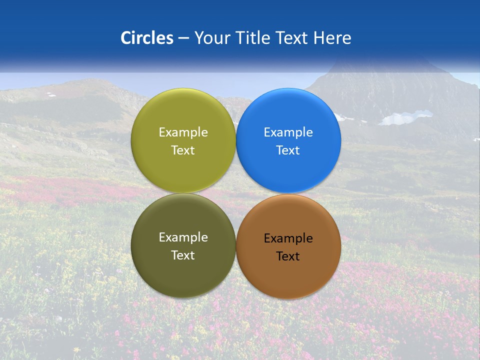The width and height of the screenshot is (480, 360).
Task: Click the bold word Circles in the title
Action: coord(146,38)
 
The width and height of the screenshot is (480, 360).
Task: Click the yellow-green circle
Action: coord(183,170)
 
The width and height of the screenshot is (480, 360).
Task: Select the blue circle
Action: coord(288,170)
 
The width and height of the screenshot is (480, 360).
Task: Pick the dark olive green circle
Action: coord(183,275)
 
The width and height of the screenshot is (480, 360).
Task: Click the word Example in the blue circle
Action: coord(288,132)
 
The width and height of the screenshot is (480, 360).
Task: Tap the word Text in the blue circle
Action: coord(288,150)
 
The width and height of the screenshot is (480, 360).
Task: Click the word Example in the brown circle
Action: coord(288,238)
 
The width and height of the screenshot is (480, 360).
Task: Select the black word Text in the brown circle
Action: coord(288,256)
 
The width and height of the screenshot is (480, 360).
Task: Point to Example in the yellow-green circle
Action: coord(183,132)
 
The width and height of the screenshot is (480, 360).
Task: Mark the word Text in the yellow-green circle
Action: coord(183,150)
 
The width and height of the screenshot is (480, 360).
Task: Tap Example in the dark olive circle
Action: coord(183,237)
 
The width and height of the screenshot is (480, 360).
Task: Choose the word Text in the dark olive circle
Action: coord(183,255)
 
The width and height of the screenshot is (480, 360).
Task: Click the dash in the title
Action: coord(183,38)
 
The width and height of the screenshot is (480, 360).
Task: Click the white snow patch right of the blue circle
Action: coord(405,118)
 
